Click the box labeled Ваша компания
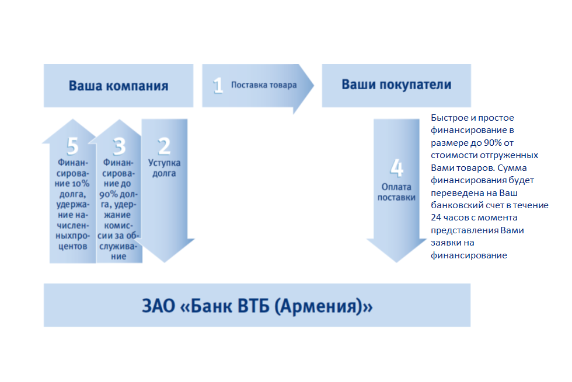[x=118, y=86]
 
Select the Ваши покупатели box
[x=396, y=86]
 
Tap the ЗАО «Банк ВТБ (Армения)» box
[x=257, y=305]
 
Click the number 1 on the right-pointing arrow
[x=218, y=85]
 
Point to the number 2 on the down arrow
[x=164, y=146]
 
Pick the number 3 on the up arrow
[x=119, y=146]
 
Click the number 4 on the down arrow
[x=396, y=168]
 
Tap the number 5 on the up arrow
[x=72, y=146]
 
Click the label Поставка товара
[x=264, y=85]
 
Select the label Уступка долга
[x=164, y=168]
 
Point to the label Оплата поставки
[x=396, y=192]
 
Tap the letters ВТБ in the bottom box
[x=253, y=306]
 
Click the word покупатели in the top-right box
[x=415, y=85]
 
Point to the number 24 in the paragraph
[x=436, y=218]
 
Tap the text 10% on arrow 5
[x=81, y=183]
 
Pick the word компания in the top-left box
[x=137, y=86]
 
